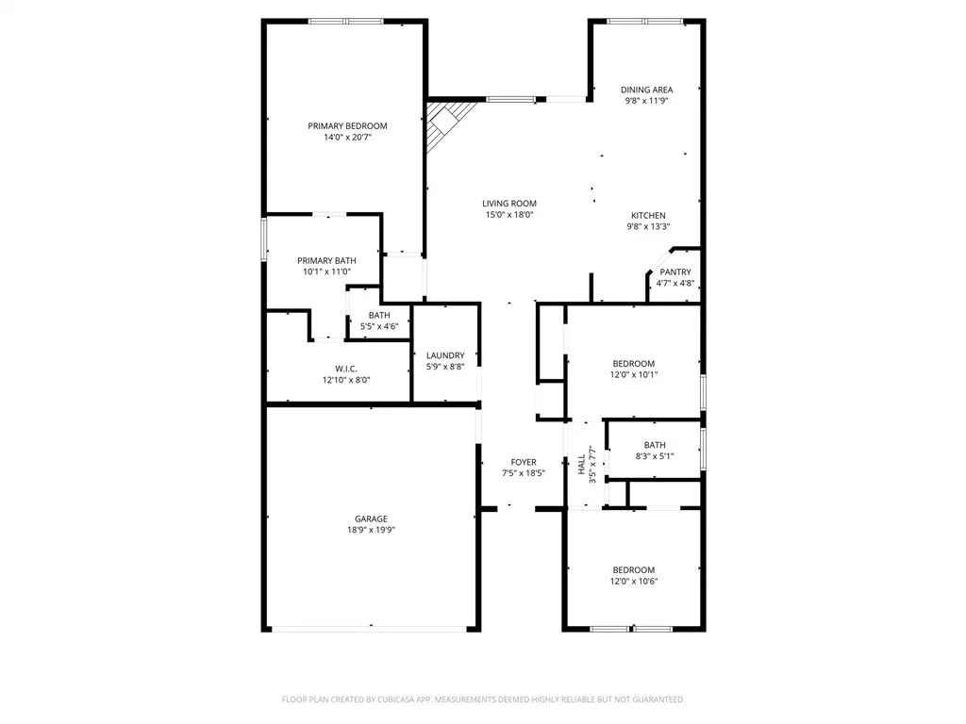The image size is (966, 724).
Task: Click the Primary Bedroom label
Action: (x=347, y=125)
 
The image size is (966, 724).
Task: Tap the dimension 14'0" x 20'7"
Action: (x=347, y=138)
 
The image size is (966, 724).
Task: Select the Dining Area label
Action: (x=646, y=90)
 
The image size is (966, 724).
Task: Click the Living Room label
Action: (x=509, y=203)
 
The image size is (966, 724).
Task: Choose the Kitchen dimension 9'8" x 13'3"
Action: (x=648, y=226)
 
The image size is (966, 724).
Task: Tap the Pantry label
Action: (x=675, y=271)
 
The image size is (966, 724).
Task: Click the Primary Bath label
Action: (x=326, y=260)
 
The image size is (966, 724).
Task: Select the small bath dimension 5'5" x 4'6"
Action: (x=379, y=326)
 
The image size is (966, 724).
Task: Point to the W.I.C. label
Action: (x=345, y=368)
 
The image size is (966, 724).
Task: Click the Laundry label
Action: (x=445, y=355)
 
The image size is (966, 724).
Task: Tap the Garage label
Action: (x=371, y=518)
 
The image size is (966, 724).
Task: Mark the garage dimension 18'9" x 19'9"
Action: (x=371, y=530)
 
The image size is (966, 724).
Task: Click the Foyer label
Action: (x=524, y=462)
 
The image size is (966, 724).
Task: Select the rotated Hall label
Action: (x=581, y=464)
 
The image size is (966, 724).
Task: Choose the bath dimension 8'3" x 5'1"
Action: (x=655, y=457)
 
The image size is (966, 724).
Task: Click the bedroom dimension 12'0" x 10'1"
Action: (x=634, y=374)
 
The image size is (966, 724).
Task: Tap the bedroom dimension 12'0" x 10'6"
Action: (x=634, y=581)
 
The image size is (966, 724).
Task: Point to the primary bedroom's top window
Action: (x=345, y=21)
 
